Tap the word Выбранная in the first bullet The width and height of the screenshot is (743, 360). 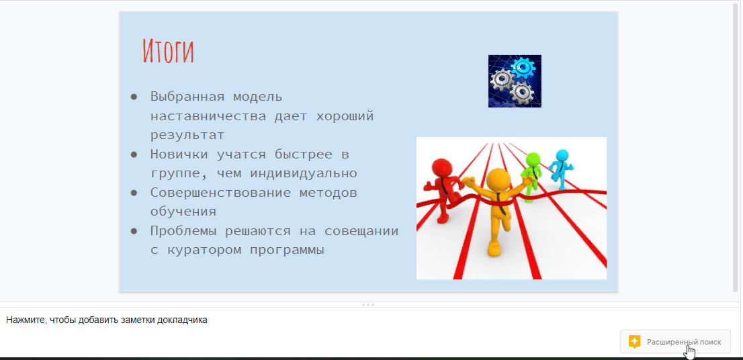[x=187, y=97]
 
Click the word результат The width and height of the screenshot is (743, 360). [x=187, y=135]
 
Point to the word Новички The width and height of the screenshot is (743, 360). [x=179, y=154]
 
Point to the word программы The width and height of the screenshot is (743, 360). [x=287, y=251]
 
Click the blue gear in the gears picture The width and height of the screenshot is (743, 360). [x=523, y=68]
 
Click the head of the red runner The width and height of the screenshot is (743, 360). [x=443, y=169]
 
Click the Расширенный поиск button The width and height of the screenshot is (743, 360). [x=675, y=341]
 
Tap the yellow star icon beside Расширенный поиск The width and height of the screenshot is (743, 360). [x=634, y=341]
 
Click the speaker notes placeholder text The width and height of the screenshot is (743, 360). [x=107, y=320]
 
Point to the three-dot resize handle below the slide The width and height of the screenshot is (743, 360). [x=368, y=305]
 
